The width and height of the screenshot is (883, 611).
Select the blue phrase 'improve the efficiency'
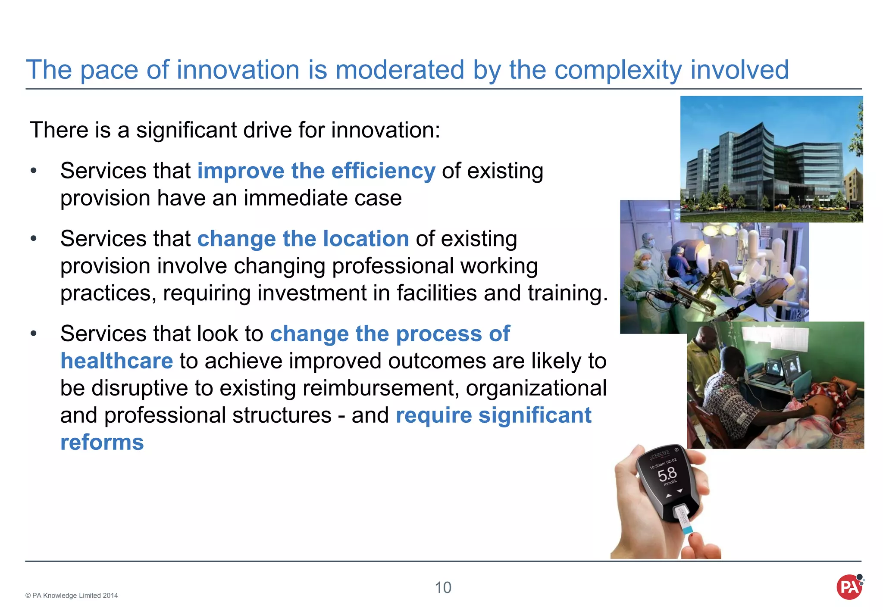tap(316, 171)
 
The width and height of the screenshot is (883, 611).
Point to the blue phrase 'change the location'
tap(303, 239)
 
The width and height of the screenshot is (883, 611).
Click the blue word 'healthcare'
tap(116, 361)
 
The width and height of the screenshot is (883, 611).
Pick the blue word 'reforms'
tap(102, 443)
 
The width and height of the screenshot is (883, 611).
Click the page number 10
tap(443, 588)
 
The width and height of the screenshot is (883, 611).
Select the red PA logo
tap(849, 587)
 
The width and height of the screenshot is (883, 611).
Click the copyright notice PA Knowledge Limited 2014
tap(72, 595)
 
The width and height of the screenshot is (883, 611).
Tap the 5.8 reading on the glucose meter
tap(667, 475)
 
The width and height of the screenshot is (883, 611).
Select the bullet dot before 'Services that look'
tap(34, 334)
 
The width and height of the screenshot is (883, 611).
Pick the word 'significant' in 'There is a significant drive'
tap(186, 130)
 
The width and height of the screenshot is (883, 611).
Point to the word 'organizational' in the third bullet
tap(536, 388)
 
